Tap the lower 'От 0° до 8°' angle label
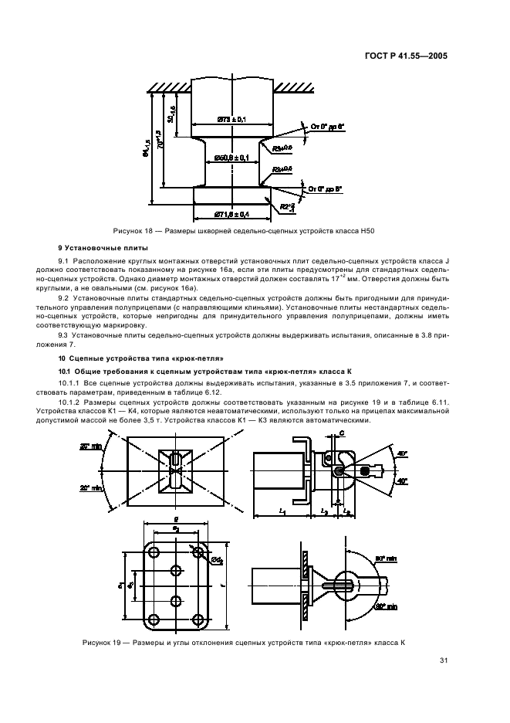click(324, 188)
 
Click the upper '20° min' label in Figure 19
click(92, 446)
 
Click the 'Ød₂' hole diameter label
click(218, 560)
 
